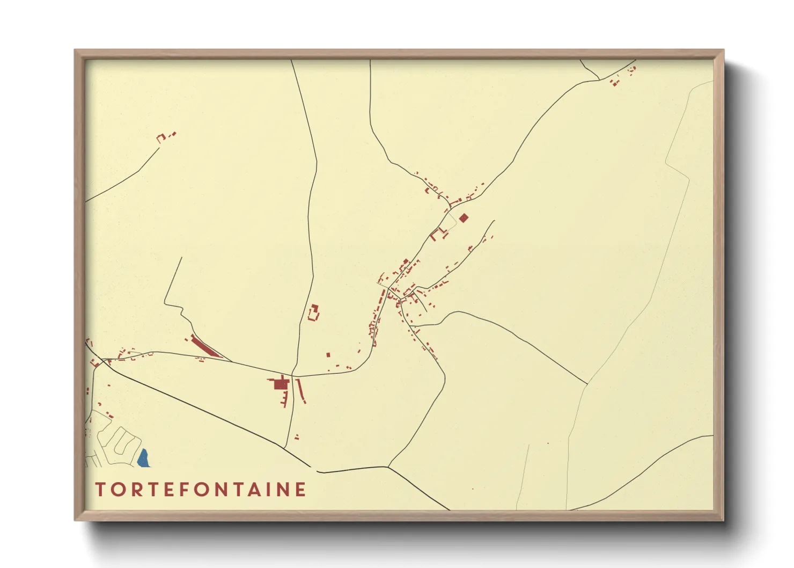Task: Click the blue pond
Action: (143, 458)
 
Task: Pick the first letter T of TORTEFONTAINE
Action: (100, 490)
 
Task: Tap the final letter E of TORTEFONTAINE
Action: (300, 490)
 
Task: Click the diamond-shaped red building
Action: (464, 217)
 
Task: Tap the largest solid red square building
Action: (280, 384)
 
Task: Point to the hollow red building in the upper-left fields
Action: (161, 138)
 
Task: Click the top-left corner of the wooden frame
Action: (76, 50)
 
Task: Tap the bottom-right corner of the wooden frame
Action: (723, 520)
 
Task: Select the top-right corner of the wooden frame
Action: (723, 50)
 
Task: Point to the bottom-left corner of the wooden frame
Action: (76, 520)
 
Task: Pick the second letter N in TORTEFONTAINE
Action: (284, 490)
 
